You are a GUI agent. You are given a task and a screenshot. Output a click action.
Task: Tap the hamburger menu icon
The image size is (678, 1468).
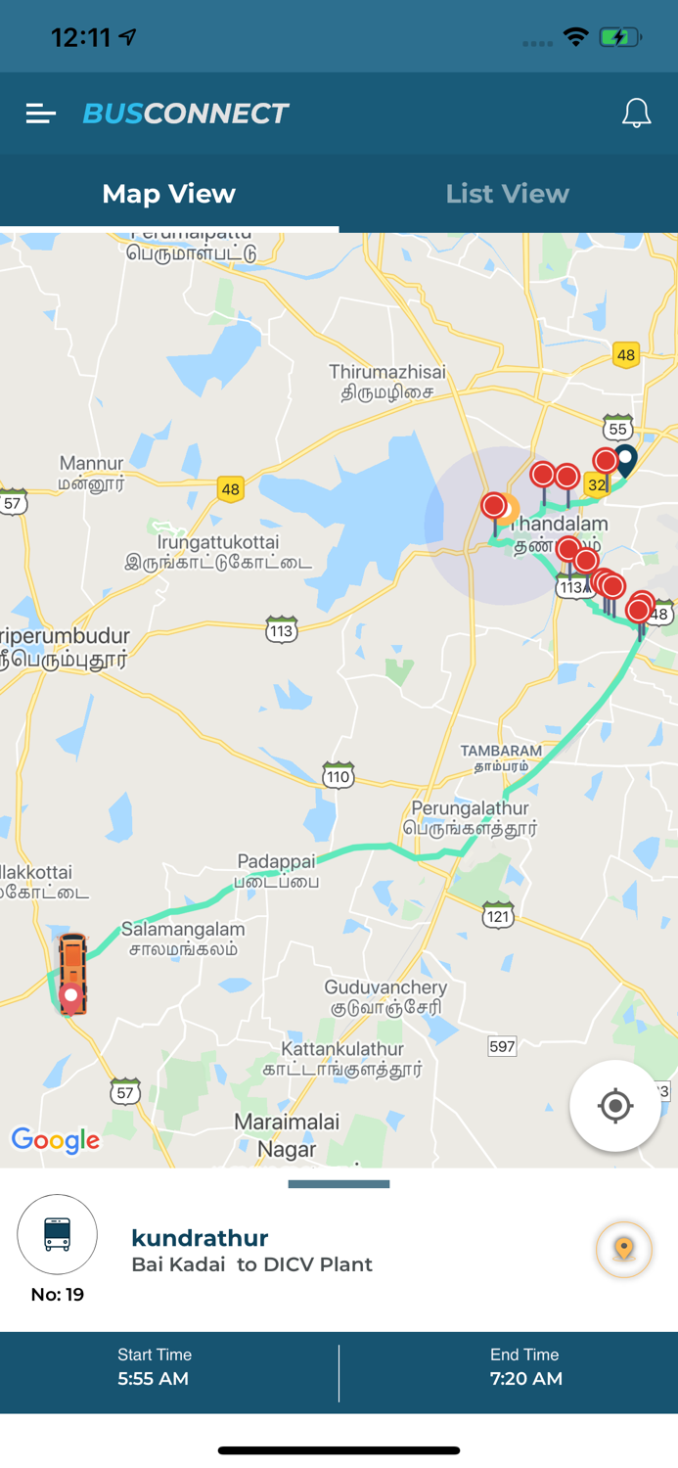[x=40, y=114]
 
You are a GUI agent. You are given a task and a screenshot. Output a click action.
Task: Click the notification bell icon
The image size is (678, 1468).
[x=636, y=114]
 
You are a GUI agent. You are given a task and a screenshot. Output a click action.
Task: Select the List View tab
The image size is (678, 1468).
[x=507, y=194]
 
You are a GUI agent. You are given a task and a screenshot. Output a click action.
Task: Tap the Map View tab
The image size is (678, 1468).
[x=169, y=194]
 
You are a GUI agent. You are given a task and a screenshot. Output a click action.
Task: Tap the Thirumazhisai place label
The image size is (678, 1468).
[x=387, y=382]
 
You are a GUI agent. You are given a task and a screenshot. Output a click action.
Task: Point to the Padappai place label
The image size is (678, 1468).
[x=277, y=870]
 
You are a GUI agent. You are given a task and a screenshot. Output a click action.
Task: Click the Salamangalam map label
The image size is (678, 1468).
[x=183, y=938]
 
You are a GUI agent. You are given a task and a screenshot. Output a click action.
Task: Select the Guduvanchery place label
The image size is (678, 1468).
[x=385, y=996]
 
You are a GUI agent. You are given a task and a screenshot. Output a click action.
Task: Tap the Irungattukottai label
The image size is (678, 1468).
[x=218, y=552]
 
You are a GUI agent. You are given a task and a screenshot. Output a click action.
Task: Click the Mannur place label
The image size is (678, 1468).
[x=92, y=472]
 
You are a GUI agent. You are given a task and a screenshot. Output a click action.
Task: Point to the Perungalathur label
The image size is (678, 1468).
[x=471, y=817]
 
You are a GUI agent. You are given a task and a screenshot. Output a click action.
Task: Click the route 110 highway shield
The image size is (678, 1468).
[x=338, y=776]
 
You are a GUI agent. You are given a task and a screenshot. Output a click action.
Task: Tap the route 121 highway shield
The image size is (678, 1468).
[x=498, y=915]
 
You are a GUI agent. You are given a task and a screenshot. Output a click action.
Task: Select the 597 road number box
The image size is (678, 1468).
[x=502, y=1046]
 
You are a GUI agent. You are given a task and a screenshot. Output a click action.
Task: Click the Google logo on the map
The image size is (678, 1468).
[x=56, y=1139]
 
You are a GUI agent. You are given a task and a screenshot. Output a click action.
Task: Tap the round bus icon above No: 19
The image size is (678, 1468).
[x=58, y=1234]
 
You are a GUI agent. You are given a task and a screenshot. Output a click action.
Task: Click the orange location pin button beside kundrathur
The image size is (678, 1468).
[x=624, y=1249]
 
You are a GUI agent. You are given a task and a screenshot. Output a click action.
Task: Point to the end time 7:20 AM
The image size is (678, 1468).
[x=525, y=1379]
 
